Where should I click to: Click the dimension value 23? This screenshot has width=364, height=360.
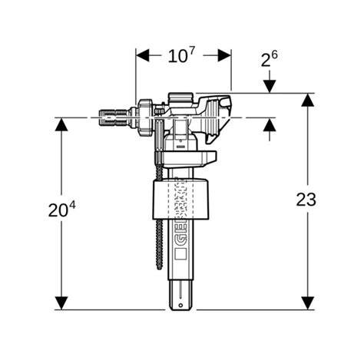coord(306,200)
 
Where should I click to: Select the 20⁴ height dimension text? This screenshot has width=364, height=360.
coord(62,209)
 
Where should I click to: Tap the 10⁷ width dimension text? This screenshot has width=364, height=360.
coord(181,55)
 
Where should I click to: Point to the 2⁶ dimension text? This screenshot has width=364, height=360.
coord(269,59)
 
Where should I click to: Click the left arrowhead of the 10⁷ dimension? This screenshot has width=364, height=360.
coord(142,55)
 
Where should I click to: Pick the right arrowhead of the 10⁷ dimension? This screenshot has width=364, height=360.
coord(224,55)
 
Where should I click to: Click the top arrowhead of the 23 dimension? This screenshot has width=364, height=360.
coord(308,100)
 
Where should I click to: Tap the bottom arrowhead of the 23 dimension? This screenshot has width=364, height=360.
coord(308,303)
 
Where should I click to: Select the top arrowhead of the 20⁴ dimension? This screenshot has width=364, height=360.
coord(61,124)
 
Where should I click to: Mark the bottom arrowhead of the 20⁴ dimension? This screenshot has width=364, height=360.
coord(61,303)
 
